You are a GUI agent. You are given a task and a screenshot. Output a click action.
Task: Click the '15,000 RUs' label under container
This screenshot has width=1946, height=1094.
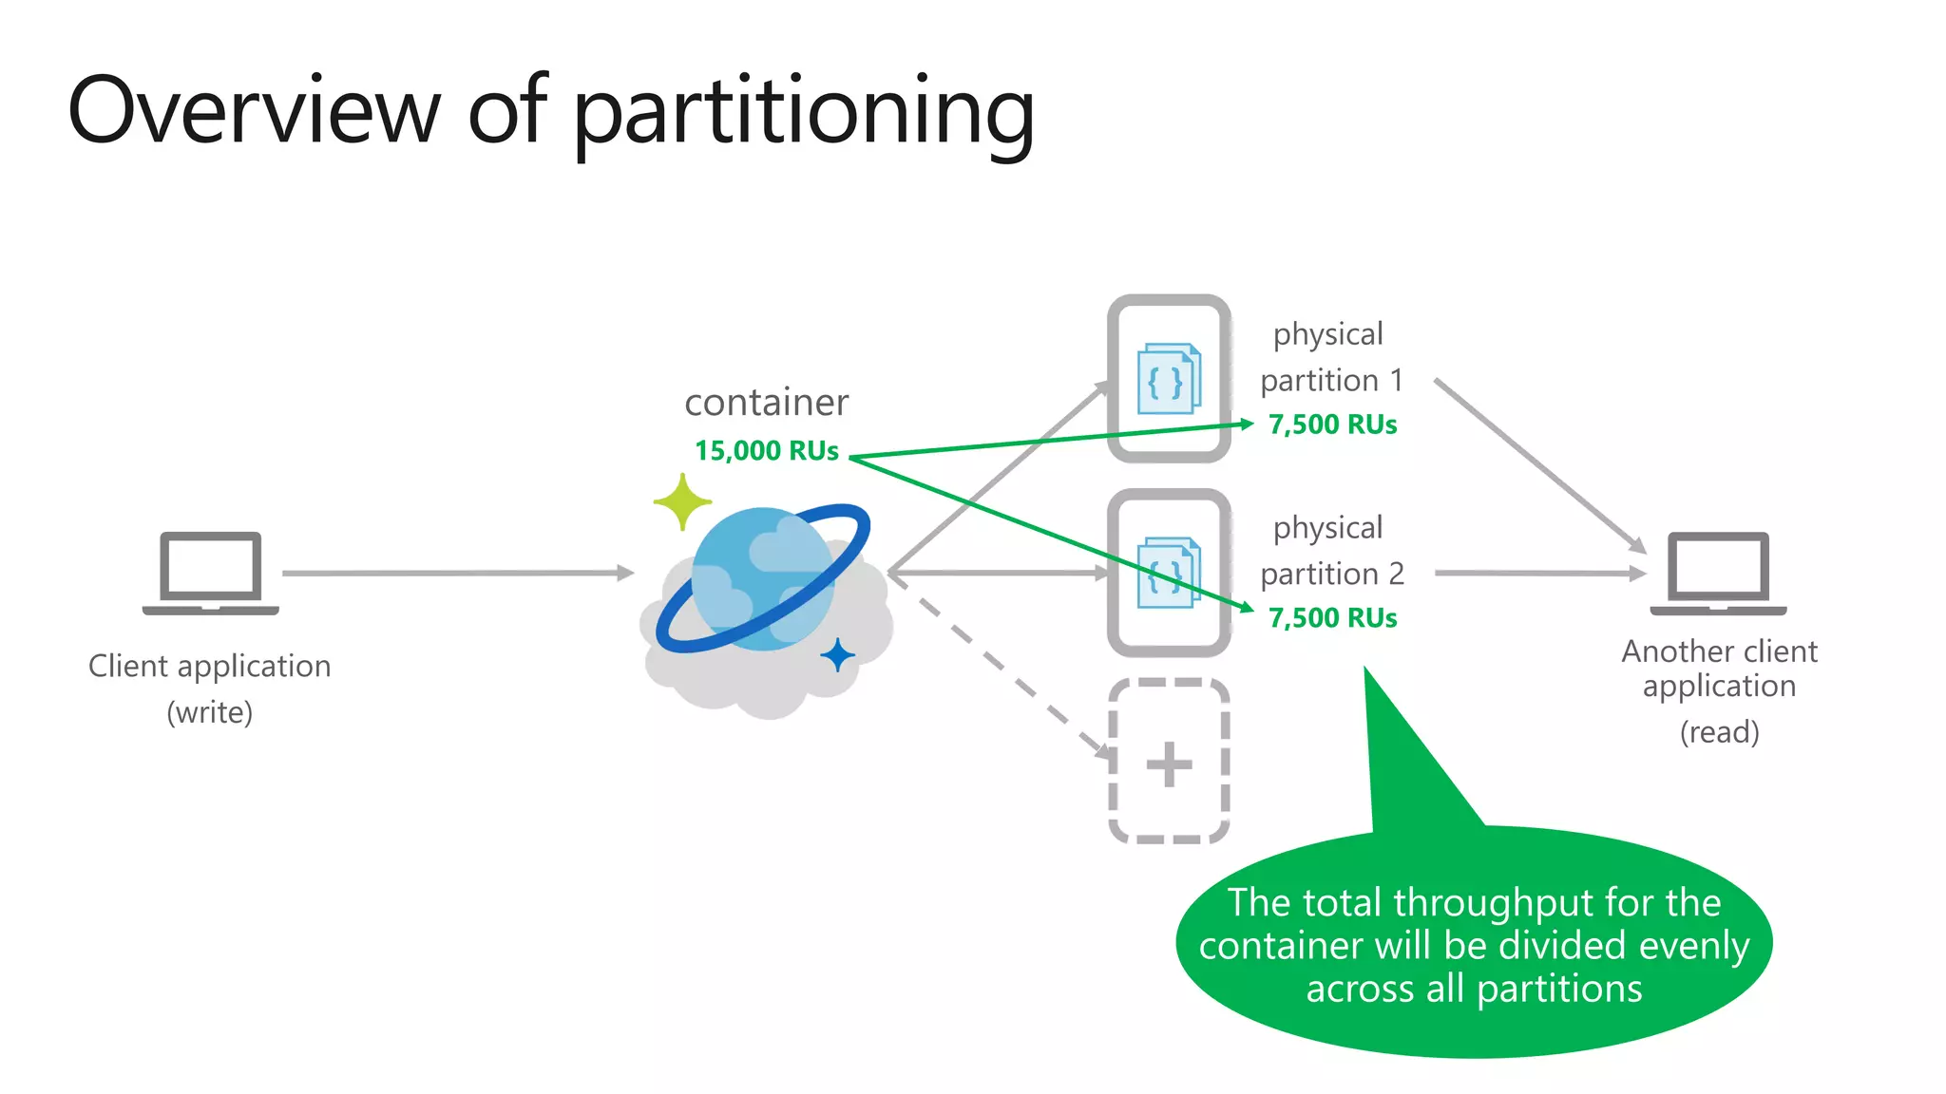766,451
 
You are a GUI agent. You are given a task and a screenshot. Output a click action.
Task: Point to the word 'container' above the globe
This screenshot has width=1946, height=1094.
766,403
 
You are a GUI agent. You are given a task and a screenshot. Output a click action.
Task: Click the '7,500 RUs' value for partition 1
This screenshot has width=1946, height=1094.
1332,424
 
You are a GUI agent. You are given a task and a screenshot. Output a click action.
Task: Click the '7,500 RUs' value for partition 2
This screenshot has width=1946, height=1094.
1332,618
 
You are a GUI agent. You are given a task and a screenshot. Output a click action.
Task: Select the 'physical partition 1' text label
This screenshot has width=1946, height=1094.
1330,357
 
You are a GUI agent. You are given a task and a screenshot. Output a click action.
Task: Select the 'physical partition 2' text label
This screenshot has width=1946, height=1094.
1330,551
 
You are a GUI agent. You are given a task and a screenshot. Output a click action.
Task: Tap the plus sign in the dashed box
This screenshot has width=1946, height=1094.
1169,764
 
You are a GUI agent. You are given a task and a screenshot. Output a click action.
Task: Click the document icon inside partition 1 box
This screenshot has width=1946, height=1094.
1169,379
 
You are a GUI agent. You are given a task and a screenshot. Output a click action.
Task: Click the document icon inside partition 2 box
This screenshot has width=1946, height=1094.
1169,573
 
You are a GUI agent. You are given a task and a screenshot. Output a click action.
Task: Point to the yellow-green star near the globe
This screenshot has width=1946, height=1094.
682,501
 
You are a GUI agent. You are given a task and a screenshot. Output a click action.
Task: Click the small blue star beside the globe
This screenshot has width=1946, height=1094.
837,655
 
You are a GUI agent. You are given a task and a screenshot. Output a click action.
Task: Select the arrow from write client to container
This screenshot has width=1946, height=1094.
456,573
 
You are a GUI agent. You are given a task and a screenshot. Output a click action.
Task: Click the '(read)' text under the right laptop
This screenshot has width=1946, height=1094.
1719,732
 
